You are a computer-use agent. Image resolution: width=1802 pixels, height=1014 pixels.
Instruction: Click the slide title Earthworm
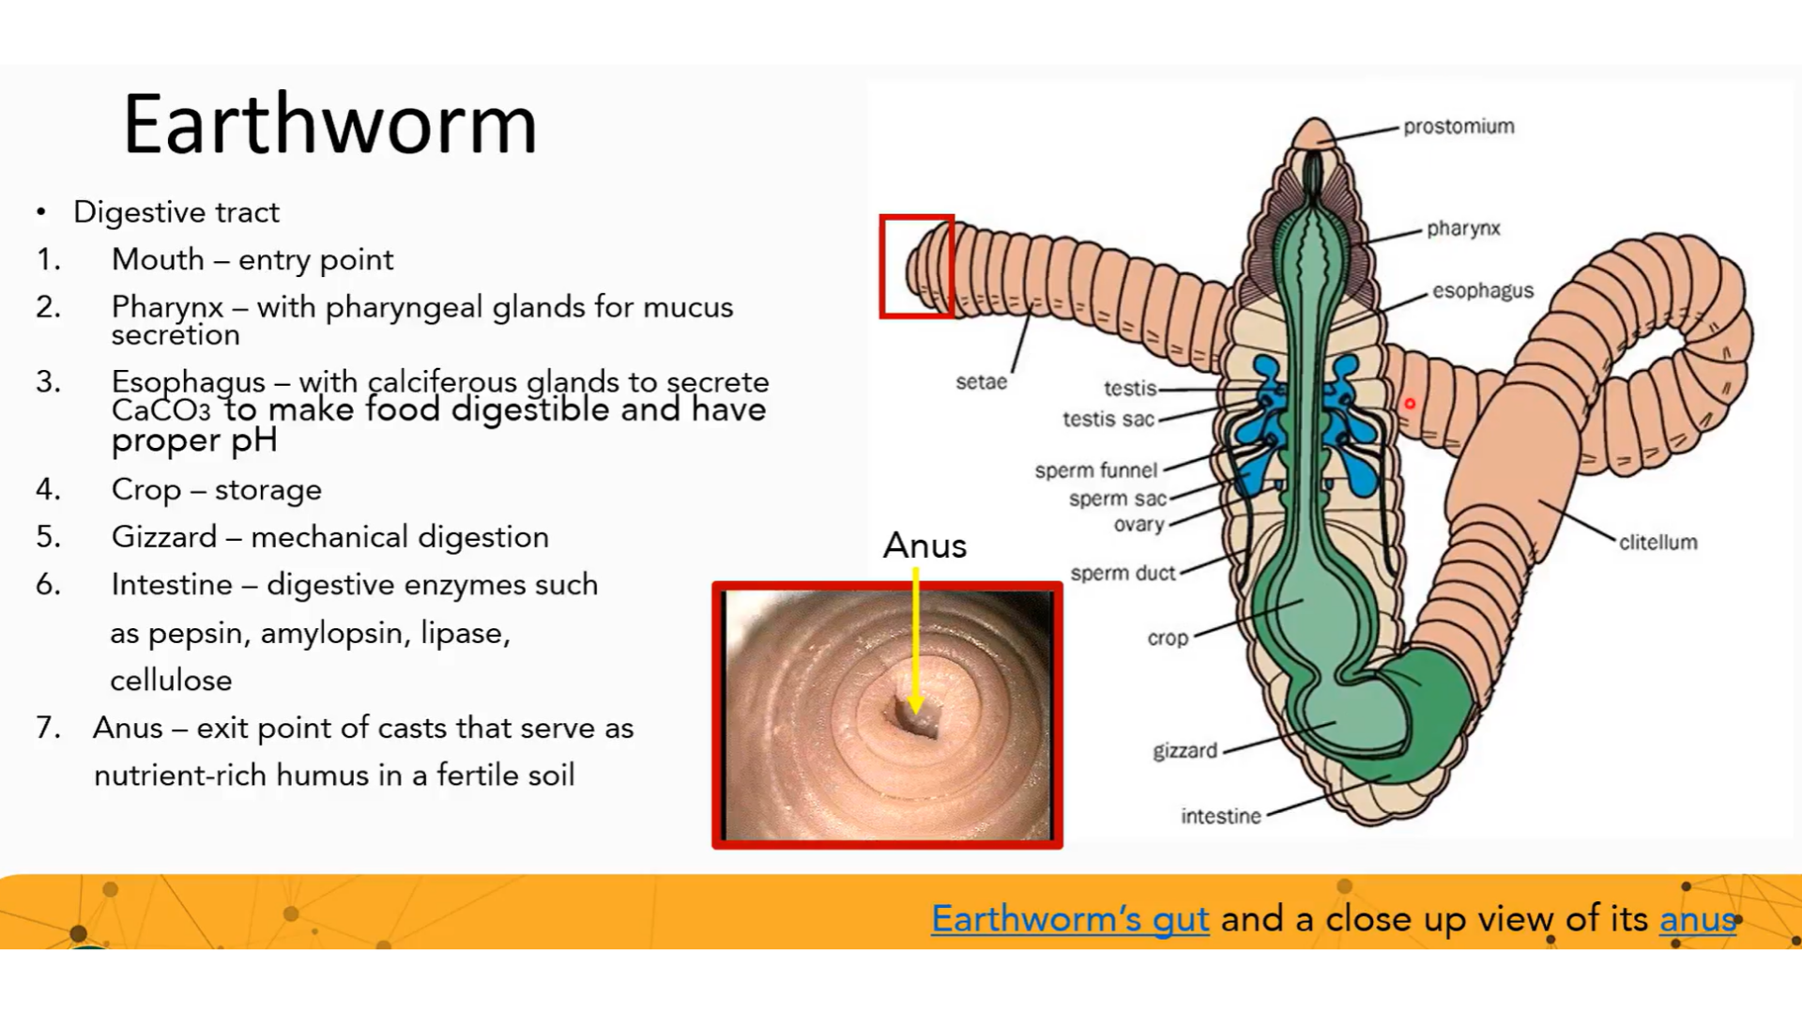(329, 124)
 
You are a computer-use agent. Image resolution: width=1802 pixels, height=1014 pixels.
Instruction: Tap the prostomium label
(1458, 127)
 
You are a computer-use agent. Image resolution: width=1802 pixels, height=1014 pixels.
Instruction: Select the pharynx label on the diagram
(1463, 228)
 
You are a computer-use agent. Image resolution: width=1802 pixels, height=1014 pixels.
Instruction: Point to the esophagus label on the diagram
(1483, 291)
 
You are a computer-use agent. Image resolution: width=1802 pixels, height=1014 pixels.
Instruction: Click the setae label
(981, 382)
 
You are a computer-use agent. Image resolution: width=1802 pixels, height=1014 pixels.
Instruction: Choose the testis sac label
(1107, 419)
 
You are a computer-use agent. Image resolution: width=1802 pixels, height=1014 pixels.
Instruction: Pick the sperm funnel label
(1095, 469)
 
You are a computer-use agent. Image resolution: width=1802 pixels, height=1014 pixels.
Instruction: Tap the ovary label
(1138, 525)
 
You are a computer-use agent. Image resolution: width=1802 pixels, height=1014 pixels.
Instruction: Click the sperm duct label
(1122, 573)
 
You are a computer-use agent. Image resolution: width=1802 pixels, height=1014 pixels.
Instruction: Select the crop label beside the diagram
(1168, 638)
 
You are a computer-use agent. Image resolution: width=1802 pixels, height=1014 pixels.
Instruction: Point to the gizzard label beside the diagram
(1184, 751)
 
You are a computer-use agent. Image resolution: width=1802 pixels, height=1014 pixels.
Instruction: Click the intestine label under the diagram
(1220, 817)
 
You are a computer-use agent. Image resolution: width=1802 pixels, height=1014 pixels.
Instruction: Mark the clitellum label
(1657, 543)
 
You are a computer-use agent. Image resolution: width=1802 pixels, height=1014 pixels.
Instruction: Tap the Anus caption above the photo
(924, 545)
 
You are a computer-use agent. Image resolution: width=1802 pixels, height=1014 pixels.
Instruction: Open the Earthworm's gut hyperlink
(1069, 918)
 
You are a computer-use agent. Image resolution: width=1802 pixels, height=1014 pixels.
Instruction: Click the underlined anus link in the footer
(1697, 918)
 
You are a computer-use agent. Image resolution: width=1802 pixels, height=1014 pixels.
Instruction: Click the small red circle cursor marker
(1409, 404)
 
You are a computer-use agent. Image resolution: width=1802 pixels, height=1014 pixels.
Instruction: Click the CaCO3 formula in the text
(160, 411)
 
